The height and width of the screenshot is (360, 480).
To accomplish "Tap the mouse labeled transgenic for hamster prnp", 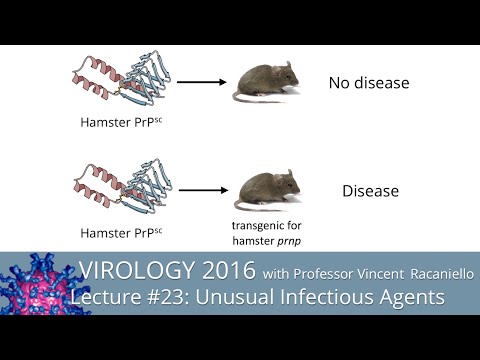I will point(263,187).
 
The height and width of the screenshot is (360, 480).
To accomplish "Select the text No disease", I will point(368,83).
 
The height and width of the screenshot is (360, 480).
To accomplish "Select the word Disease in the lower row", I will point(370,190).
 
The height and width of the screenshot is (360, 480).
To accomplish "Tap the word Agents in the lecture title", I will point(411,299).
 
